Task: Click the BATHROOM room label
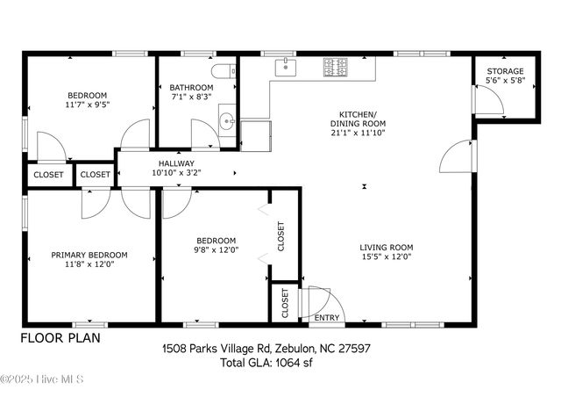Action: point(191,88)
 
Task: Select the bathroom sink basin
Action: point(226,122)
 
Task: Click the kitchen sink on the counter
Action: point(285,67)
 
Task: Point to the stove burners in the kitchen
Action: point(334,65)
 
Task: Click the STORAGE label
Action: point(505,71)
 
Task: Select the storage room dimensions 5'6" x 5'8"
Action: point(505,81)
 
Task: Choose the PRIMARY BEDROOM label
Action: point(89,255)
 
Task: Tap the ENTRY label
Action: point(327,318)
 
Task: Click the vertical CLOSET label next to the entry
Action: point(285,303)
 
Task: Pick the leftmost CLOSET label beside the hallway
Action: point(48,175)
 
